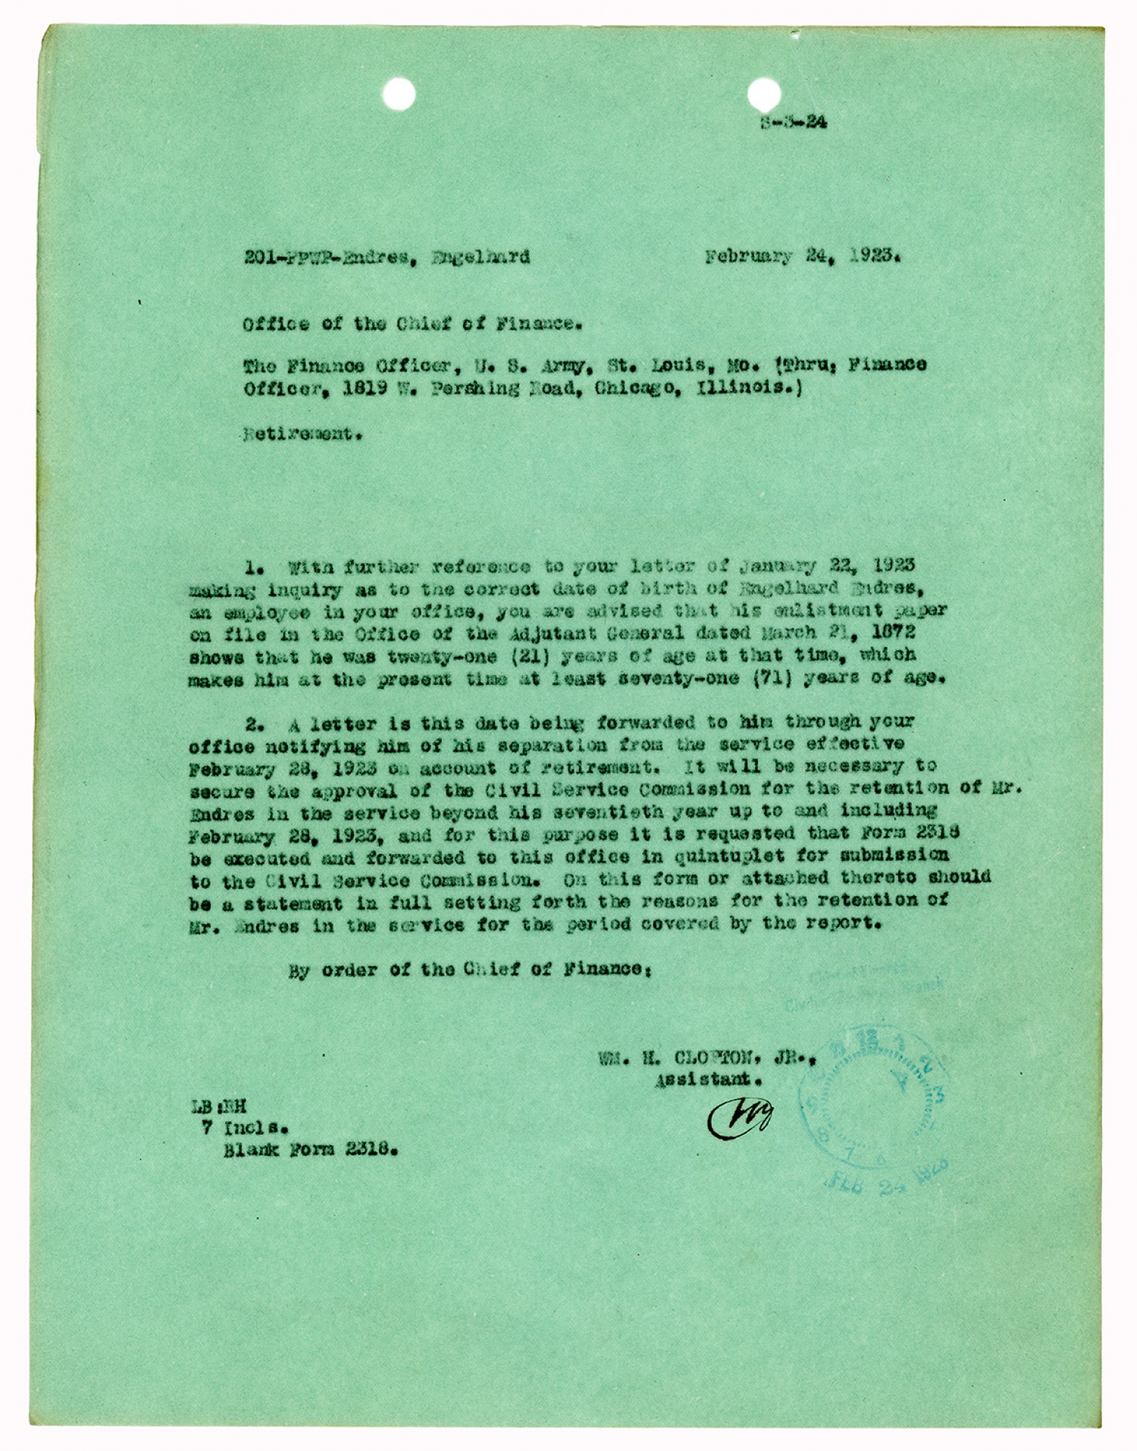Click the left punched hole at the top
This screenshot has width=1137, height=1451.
click(x=399, y=95)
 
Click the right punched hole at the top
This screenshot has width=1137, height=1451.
click(x=763, y=95)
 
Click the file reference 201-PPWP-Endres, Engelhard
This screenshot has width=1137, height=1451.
click(x=387, y=257)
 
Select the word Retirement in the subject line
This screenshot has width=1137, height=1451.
click(x=298, y=435)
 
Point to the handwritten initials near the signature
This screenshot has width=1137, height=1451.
click(x=740, y=1118)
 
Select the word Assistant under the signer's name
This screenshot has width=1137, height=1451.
click(x=708, y=1079)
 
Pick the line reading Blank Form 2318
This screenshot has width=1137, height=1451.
click(x=310, y=1149)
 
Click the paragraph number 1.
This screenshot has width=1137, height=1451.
click(x=253, y=567)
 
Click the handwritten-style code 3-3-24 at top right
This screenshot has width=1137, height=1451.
click(x=794, y=121)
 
